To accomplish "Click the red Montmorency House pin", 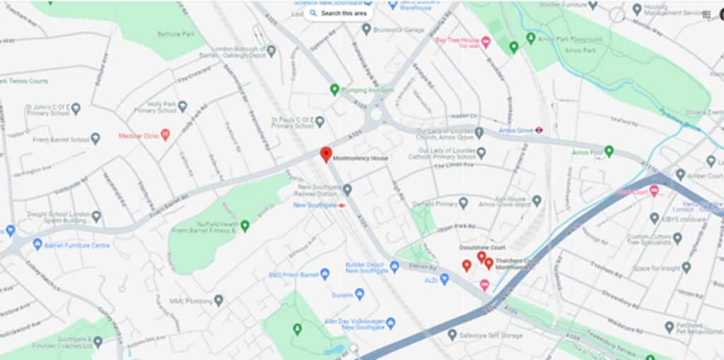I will pyautogui.click(x=326, y=154).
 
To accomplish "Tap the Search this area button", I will pyautogui.click(x=339, y=13).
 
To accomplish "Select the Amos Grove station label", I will pyautogui.click(x=515, y=130).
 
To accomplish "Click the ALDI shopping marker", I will pyautogui.click(x=445, y=280).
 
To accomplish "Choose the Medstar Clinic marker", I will pyautogui.click(x=165, y=134).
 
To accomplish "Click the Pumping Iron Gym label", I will pyautogui.click(x=367, y=90).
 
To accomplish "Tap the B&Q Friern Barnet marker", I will pyautogui.click(x=325, y=274).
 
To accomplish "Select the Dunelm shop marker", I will pyautogui.click(x=359, y=294).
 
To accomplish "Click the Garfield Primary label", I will pyautogui.click(x=436, y=204).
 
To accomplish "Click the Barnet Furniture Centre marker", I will pyautogui.click(x=37, y=245).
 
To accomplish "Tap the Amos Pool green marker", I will pyautogui.click(x=608, y=151).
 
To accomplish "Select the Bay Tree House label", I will pyautogui.click(x=457, y=41).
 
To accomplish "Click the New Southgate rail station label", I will pyautogui.click(x=309, y=205).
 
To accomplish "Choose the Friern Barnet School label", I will pyautogui.click(x=60, y=139).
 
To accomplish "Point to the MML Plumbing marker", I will pyautogui.click(x=218, y=301).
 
